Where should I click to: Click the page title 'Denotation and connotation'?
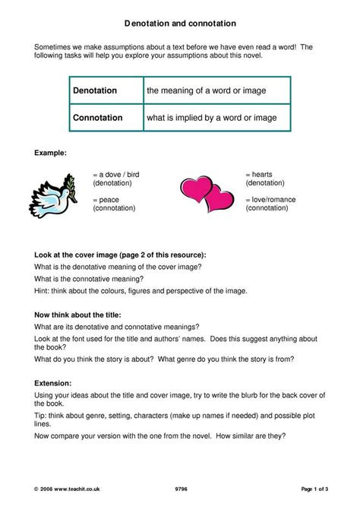[179, 24]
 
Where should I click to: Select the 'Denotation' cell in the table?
[95, 90]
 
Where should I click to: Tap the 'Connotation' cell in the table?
[97, 118]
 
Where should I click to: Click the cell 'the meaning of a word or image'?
[206, 90]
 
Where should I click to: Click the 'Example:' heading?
[51, 153]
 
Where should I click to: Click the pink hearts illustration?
[207, 195]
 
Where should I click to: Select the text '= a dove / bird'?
[116, 174]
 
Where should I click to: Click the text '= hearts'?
[262, 174]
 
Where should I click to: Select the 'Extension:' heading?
[54, 384]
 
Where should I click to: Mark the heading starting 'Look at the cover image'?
[120, 255]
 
